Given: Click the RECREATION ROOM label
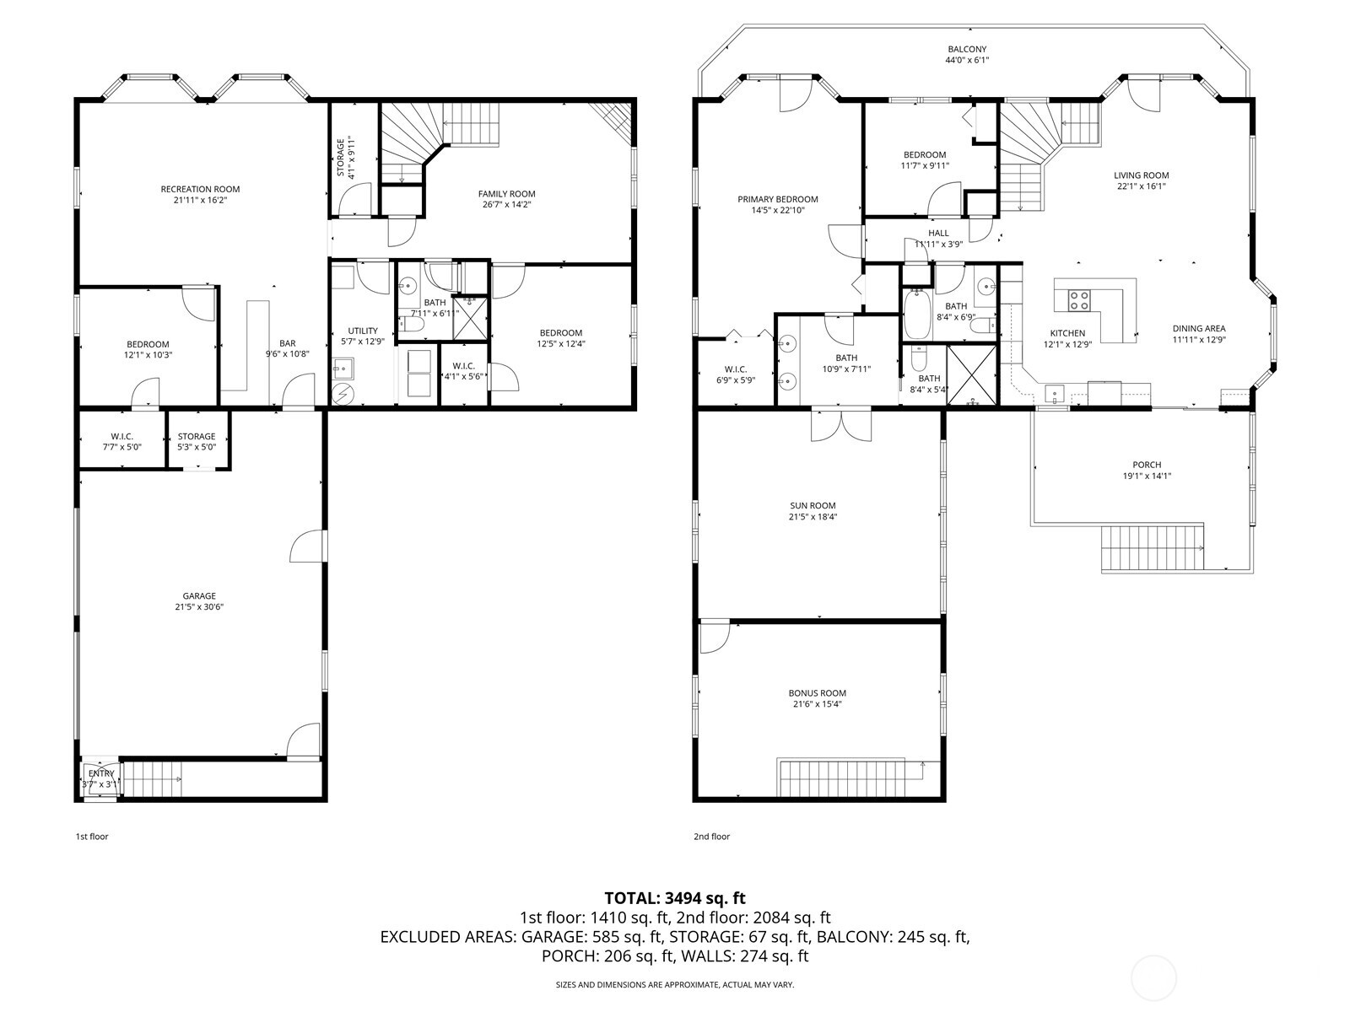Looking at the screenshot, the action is (x=200, y=189).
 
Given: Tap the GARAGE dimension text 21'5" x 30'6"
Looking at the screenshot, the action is (x=199, y=607).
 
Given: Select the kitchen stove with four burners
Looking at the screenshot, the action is (x=1079, y=301).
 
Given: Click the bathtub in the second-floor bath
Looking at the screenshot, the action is (x=918, y=315).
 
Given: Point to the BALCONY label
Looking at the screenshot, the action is (x=967, y=49).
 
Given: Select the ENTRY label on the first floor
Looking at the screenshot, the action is (x=101, y=773).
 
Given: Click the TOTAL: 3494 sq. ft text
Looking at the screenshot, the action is (x=675, y=898).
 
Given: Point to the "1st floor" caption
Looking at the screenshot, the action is (x=92, y=837).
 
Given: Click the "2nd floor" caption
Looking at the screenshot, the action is (x=711, y=837).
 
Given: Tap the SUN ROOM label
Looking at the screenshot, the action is (x=813, y=506).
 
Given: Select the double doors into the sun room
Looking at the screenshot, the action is (x=840, y=424).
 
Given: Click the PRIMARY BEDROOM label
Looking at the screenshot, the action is (x=777, y=199).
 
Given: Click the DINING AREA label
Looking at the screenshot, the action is (x=1199, y=328).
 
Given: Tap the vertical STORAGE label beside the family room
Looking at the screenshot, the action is (x=340, y=158).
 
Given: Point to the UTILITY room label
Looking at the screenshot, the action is (x=363, y=331).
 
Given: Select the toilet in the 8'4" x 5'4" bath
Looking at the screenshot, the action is (x=919, y=358).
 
